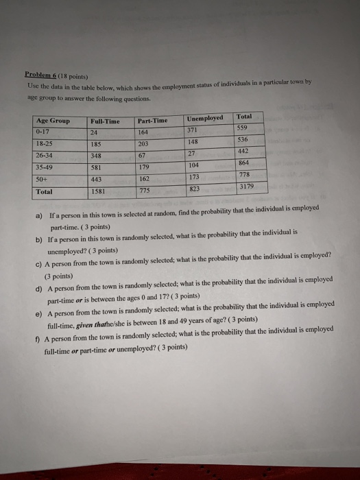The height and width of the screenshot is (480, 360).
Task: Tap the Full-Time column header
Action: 105,121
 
